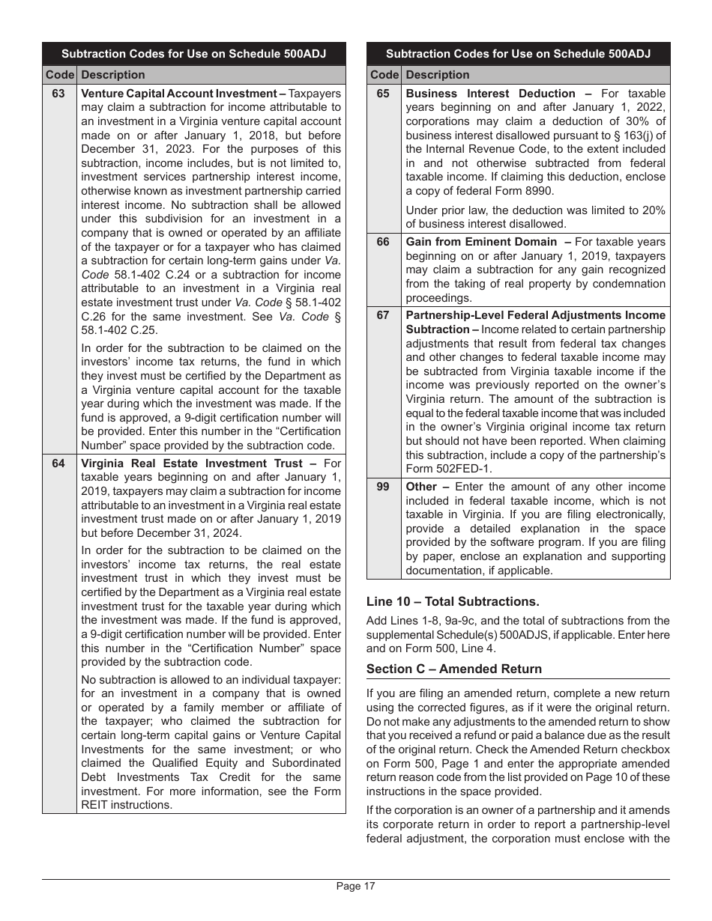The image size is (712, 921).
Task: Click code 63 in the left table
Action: tap(58, 94)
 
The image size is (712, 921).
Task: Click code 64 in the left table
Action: tap(58, 463)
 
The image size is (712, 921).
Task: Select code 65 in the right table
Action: tap(383, 94)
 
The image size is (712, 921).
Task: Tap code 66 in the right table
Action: tap(383, 242)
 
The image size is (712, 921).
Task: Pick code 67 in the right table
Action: tap(383, 315)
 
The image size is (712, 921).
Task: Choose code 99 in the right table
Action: tap(383, 487)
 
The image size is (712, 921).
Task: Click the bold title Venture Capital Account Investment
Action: tap(178, 94)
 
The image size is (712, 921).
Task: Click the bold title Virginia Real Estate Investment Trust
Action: tap(192, 463)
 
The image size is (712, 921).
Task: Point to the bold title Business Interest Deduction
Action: tap(491, 94)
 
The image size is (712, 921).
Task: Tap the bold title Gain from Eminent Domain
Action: tap(481, 242)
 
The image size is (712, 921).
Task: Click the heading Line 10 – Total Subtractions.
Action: tap(453, 601)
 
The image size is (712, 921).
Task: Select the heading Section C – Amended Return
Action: tap(454, 669)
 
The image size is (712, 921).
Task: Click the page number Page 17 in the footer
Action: tap(355, 887)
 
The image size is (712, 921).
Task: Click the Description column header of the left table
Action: tap(112, 75)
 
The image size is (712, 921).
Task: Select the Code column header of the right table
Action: tap(384, 75)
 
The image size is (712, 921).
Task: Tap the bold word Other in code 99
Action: tap(422, 487)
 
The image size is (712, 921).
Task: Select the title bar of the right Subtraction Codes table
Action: tap(518, 54)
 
